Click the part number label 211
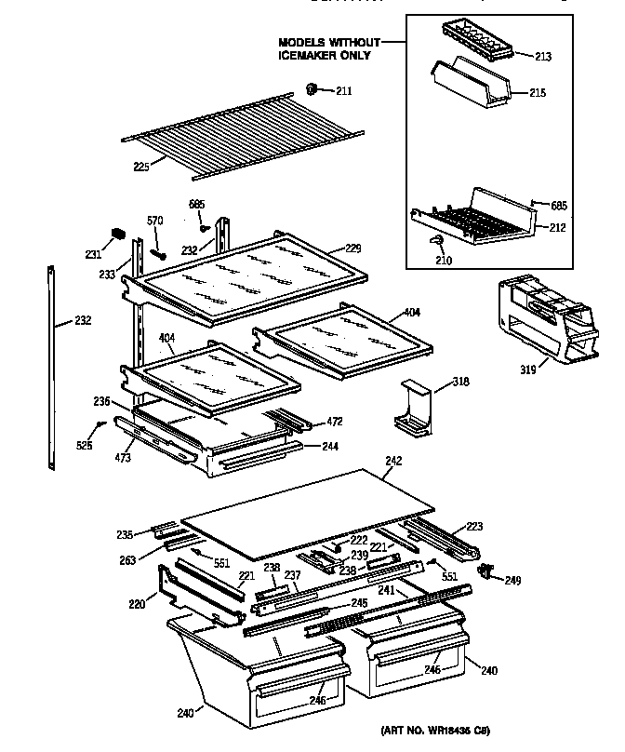point(344,90)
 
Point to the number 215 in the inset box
point(538,93)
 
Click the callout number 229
point(352,248)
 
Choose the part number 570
point(155,221)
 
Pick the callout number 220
point(137,604)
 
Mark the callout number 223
point(474,527)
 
